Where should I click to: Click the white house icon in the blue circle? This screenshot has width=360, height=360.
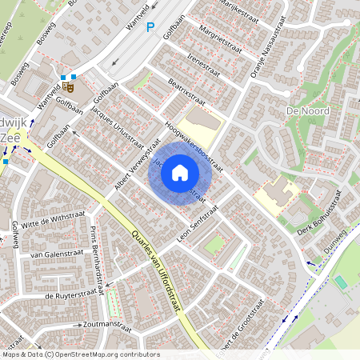180,172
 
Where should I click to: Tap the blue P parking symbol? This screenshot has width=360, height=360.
150,27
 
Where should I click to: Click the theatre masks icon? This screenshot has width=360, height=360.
67,82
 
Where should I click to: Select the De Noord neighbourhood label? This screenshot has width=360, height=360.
303,109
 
